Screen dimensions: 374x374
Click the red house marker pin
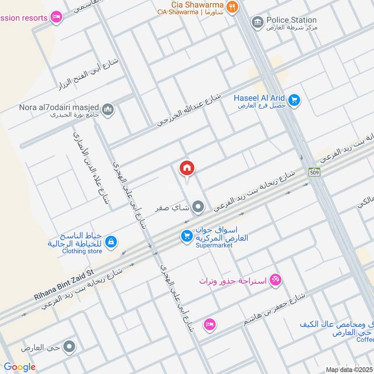(x=187, y=168)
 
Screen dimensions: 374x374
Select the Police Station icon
(x=257, y=22)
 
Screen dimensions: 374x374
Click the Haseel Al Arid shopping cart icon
(x=294, y=100)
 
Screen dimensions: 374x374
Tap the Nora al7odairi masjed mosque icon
(x=108, y=109)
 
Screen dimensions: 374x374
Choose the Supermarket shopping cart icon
(x=187, y=237)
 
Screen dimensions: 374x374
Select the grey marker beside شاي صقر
(x=199, y=206)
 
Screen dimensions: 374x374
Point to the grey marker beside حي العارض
(x=70, y=347)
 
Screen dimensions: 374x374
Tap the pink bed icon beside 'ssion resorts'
(x=56, y=17)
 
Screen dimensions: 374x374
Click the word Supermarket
(x=214, y=245)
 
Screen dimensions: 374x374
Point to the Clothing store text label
(x=82, y=251)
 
